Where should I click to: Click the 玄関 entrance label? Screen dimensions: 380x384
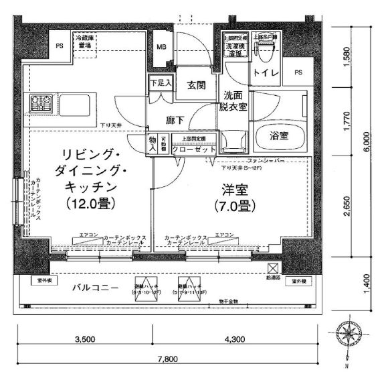click(x=196, y=86)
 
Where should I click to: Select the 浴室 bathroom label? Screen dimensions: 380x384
click(x=279, y=135)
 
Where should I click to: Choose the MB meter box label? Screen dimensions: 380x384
click(x=162, y=48)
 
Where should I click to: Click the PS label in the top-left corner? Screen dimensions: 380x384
click(x=60, y=46)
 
